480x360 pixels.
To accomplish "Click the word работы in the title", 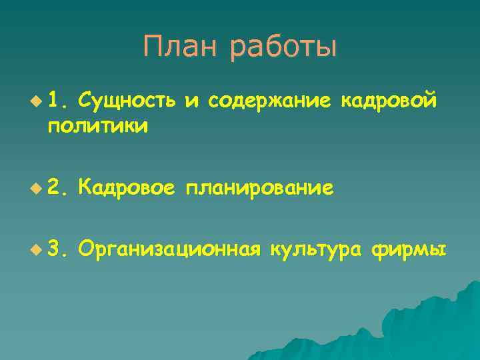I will coord(284,48).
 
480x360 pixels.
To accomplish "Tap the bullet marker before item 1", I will coord(35,101).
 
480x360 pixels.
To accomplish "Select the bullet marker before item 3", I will coord(35,251).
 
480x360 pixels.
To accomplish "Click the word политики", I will coord(97,125).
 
